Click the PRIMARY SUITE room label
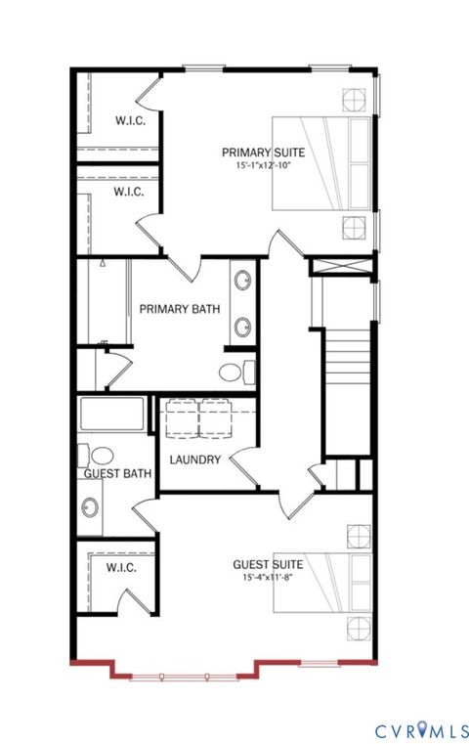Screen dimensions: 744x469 pyautogui.click(x=263, y=152)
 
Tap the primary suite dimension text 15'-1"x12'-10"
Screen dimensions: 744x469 pyautogui.click(x=263, y=166)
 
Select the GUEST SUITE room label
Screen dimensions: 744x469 pyautogui.click(x=267, y=564)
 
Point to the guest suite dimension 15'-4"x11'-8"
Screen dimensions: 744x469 pyautogui.click(x=267, y=578)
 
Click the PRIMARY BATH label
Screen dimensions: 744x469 pyautogui.click(x=179, y=309)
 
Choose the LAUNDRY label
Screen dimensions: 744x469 pyautogui.click(x=195, y=460)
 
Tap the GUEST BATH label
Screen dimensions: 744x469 pyautogui.click(x=117, y=474)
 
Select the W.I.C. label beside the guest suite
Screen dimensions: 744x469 pyautogui.click(x=121, y=567)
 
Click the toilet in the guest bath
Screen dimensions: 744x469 pyautogui.click(x=102, y=456)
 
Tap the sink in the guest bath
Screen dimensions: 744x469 pyautogui.click(x=91, y=507)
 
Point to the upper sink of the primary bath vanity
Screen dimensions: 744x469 pyautogui.click(x=241, y=284)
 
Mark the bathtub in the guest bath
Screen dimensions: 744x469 pyautogui.click(x=112, y=415)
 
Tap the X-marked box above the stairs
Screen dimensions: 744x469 pyautogui.click(x=342, y=265)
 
